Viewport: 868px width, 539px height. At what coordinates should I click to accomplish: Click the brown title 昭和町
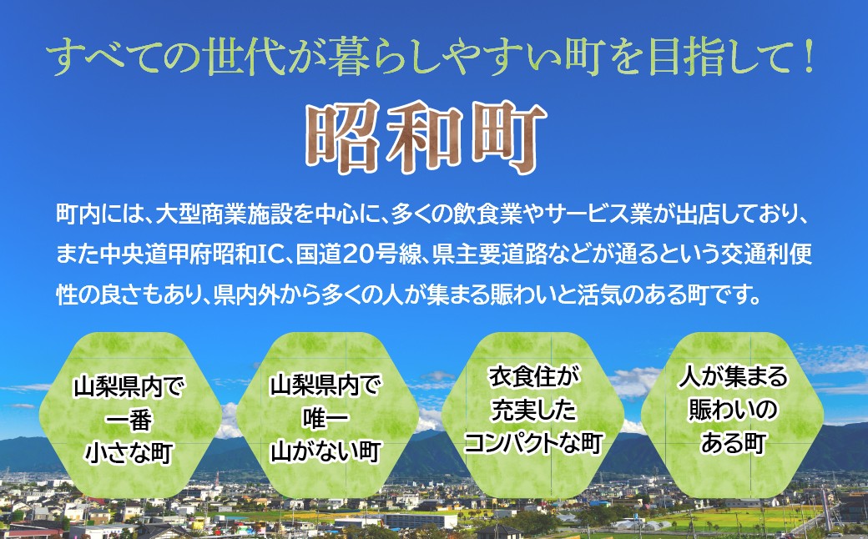tap(426, 138)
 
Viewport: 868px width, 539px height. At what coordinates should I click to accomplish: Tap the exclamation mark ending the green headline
tap(809, 58)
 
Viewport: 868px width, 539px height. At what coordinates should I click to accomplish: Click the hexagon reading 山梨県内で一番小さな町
tap(129, 415)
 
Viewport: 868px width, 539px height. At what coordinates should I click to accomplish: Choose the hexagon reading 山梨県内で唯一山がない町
tap(326, 415)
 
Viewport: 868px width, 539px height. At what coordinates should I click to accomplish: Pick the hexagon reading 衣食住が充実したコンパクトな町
tap(533, 415)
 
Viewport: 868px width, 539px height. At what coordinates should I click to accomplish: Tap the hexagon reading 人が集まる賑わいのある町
tap(732, 415)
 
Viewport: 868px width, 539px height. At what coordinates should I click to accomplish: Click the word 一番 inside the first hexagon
tap(129, 420)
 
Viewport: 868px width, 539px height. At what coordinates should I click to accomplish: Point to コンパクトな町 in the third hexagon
tap(533, 443)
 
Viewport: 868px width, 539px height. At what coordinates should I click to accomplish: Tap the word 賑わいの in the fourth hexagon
tap(733, 410)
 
